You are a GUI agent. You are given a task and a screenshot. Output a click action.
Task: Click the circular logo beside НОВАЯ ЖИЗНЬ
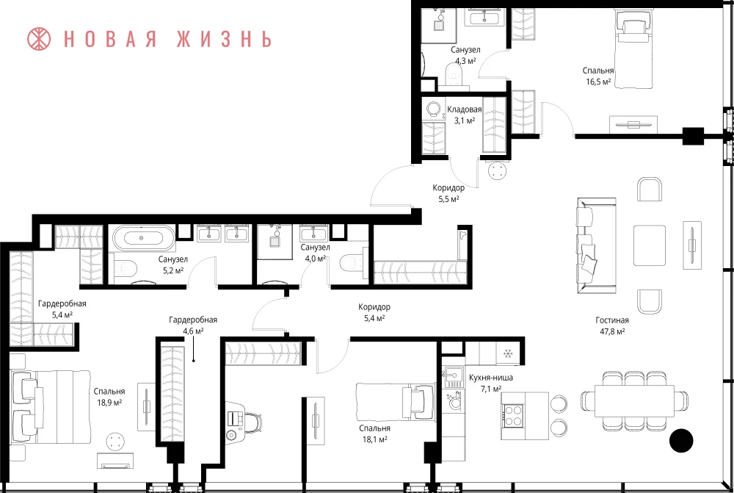(39, 39)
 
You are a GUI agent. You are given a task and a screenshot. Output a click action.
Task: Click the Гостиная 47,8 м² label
(612, 325)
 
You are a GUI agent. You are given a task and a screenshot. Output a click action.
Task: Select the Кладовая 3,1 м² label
(465, 115)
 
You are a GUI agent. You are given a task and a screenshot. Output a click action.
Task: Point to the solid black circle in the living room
(681, 441)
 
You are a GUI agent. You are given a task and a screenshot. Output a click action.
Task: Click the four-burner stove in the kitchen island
(512, 416)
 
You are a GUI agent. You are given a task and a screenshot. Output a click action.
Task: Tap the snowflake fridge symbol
(508, 353)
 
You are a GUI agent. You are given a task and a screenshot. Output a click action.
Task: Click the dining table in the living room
(634, 400)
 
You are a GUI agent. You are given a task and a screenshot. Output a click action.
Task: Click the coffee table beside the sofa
(650, 245)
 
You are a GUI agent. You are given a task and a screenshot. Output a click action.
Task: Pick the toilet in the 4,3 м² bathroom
(454, 75)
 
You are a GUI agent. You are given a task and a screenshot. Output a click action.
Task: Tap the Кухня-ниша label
(491, 377)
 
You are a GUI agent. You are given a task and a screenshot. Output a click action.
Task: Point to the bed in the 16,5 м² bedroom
(633, 48)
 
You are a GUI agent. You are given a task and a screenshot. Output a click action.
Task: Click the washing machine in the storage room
(434, 109)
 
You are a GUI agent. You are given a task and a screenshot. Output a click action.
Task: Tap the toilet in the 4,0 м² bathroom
(352, 263)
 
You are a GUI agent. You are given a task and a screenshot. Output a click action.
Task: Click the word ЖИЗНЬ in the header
(224, 39)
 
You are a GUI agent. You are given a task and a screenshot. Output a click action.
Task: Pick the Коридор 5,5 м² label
(448, 193)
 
